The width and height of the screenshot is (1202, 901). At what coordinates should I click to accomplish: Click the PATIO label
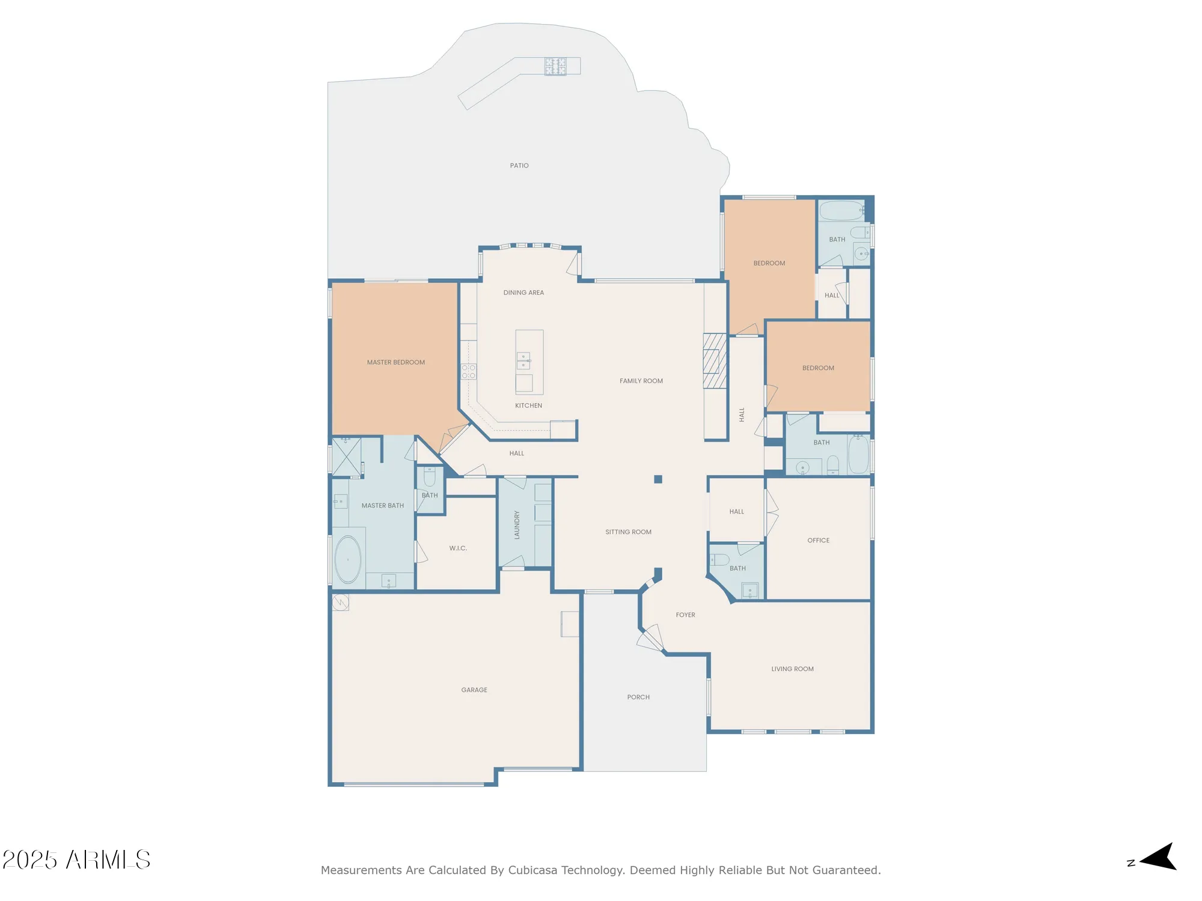point(519,166)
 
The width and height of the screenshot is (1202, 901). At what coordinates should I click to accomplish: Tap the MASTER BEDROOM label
point(395,362)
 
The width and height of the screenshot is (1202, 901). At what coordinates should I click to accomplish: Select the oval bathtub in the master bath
point(348,560)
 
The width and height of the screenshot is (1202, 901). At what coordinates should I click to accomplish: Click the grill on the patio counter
point(555,66)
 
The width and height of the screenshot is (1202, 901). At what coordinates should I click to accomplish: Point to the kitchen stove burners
point(469,371)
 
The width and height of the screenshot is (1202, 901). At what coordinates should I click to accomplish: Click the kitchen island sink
point(523,361)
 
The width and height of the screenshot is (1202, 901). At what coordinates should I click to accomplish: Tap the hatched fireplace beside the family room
point(715,360)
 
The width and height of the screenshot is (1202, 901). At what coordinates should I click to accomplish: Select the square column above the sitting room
point(658,479)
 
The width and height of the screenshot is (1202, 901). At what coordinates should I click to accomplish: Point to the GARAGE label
point(474,690)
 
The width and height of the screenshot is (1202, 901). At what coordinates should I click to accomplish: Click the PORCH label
point(638,697)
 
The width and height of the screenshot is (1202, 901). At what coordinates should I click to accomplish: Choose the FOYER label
point(685,615)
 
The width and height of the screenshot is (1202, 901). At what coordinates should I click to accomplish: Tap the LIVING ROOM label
point(792,669)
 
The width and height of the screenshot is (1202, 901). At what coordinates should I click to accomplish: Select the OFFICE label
point(818,541)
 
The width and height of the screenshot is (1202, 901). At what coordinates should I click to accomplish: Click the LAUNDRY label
point(516,525)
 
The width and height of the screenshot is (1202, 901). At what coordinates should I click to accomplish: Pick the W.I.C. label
point(458,548)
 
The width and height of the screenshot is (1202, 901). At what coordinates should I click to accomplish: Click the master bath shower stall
point(347,457)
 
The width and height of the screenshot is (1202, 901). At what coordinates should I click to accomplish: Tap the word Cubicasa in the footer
point(532,870)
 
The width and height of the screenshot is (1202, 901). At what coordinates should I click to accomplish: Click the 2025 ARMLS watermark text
point(76,860)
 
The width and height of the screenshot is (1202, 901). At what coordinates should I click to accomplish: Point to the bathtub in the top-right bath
point(842,211)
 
